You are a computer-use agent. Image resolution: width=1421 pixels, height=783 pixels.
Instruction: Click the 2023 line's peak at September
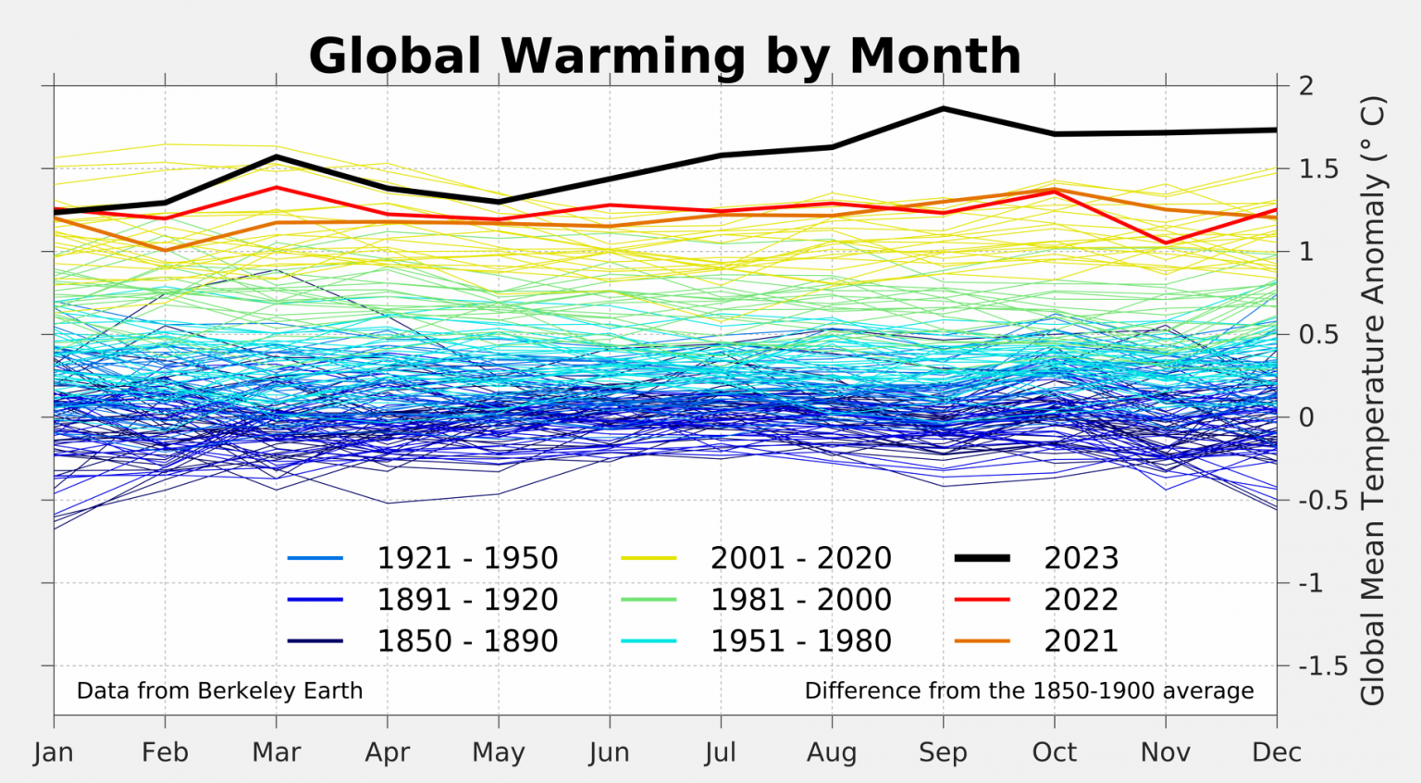pos(943,109)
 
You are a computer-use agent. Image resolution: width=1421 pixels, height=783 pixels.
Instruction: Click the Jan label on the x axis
pos(54,752)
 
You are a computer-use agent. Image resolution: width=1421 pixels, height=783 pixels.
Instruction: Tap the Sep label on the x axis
pos(943,752)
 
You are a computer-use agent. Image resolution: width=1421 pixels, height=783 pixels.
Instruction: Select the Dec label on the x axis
pos(1277,752)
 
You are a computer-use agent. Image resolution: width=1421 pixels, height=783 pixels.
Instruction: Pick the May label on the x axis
pos(499,752)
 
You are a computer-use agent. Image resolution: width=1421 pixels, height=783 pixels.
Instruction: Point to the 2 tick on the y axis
pos(1305,86)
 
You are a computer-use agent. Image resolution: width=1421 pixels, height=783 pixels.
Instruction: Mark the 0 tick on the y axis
pos(1305,417)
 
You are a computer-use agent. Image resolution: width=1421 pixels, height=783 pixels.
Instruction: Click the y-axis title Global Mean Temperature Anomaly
pos(1373,400)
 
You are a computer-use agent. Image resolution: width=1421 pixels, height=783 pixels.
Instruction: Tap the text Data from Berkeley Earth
pos(219,691)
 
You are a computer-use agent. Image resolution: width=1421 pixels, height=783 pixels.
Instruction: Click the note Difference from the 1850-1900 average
pos(1029,691)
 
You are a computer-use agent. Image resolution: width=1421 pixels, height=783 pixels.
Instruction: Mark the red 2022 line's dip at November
pos(1166,243)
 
